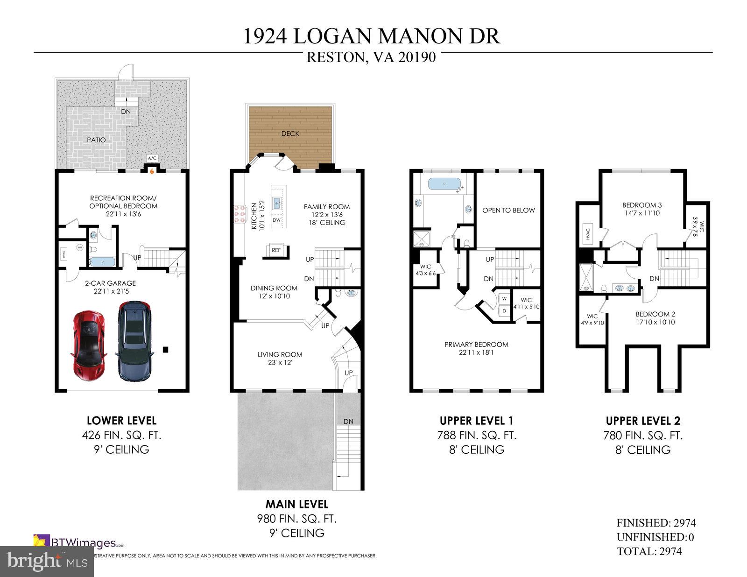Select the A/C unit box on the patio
(152, 158)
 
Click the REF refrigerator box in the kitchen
(276, 250)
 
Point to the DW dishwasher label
(276, 220)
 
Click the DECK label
(290, 134)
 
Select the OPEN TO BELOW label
(508, 210)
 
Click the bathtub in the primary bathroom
(444, 184)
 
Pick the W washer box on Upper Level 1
(504, 298)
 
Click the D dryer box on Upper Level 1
(504, 310)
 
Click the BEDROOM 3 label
(642, 205)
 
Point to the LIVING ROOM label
(280, 354)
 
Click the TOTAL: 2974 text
(649, 551)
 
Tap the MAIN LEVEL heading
(296, 504)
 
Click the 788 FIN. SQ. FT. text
(476, 435)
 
